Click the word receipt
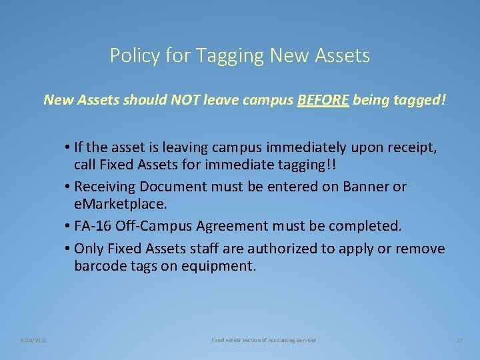pos(411,147)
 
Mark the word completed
pos(367,226)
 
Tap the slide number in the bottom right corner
pos(459,340)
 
